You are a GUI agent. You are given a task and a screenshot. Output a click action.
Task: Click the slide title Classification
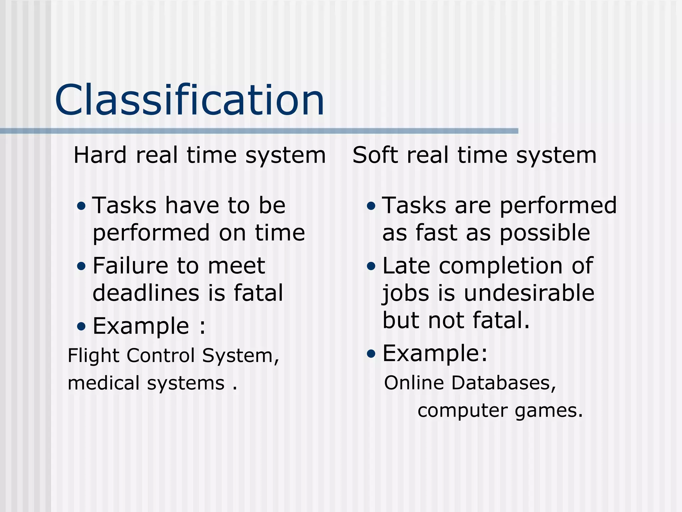coord(189,100)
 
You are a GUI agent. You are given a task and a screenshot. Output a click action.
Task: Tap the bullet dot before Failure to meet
coord(81,266)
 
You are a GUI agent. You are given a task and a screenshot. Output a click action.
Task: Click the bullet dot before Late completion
coord(371,266)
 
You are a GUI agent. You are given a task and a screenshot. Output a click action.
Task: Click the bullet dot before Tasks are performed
coord(371,206)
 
